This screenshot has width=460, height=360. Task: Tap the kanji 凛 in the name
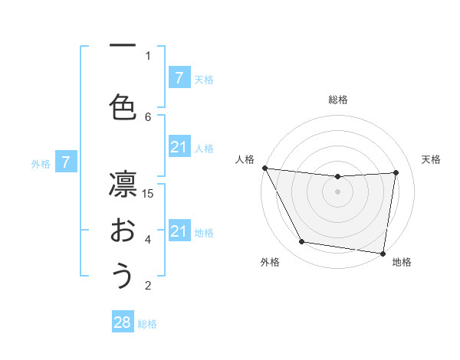123,183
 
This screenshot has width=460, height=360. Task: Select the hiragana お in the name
123,230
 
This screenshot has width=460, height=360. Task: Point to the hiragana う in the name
123,276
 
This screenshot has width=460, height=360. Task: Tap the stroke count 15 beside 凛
149,193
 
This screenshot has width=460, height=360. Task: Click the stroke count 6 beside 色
149,116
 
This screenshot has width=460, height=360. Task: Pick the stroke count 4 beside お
149,239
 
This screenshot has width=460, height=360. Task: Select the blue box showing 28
123,322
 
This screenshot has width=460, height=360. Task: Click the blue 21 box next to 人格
179,147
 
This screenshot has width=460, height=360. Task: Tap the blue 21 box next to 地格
179,231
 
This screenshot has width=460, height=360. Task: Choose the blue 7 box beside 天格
179,78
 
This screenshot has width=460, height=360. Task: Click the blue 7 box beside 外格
67,162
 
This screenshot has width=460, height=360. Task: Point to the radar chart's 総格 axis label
338,100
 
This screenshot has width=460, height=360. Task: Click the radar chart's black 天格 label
432,159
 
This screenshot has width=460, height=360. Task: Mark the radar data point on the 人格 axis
264,168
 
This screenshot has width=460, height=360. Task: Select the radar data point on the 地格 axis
383,253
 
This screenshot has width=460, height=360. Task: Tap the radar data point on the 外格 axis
302,242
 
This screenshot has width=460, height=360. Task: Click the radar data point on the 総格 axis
338,177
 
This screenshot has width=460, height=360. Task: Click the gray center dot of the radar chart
338,191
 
